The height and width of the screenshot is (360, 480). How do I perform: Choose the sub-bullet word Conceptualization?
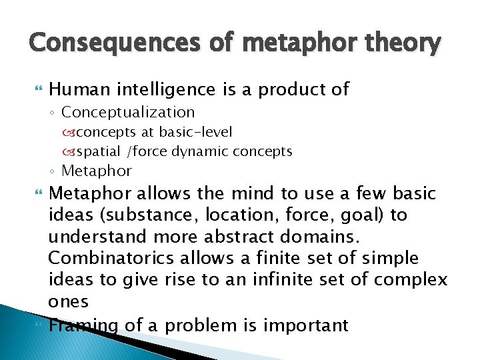point(128,113)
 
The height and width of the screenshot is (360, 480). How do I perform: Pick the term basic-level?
point(197,133)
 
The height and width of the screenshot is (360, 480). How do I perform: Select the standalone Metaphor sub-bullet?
point(97,171)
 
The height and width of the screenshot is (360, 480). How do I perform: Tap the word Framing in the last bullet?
point(83,325)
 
